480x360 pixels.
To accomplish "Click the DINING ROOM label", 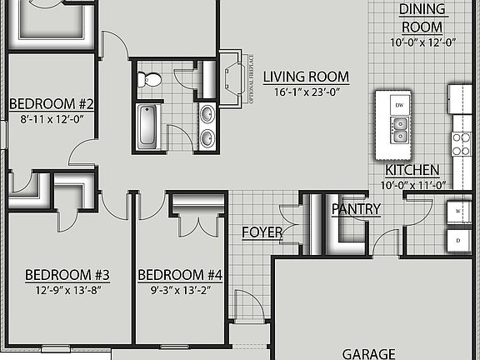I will tap(422, 17).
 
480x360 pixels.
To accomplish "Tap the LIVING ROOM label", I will tap(306, 77).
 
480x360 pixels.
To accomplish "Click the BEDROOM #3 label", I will tap(67, 274).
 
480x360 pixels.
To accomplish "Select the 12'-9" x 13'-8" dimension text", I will tap(67, 290).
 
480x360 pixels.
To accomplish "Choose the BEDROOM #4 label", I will tap(180, 274).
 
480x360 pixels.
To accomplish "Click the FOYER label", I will tap(261, 232).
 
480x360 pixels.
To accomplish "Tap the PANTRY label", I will tap(356, 209).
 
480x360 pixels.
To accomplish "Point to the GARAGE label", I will tap(369, 353).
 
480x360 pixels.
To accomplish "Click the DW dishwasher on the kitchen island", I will tap(399, 105).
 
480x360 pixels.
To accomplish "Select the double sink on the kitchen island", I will tap(401, 130).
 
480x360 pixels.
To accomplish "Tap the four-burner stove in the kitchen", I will tap(461, 144).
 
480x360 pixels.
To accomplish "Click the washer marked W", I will tap(457, 212).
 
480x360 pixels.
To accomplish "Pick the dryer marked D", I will tap(457, 240).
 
